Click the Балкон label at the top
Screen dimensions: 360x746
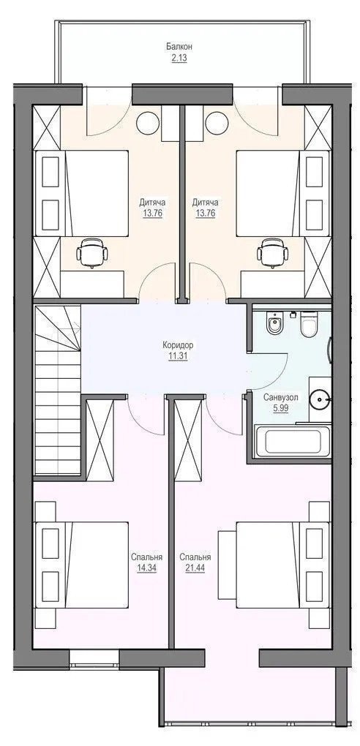tap(179, 47)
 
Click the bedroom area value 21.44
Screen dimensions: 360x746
tap(195, 568)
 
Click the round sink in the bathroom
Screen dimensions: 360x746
tap(318, 399)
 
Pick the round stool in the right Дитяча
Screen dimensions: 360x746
tap(217, 123)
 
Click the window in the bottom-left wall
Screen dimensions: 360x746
tap(94, 659)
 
